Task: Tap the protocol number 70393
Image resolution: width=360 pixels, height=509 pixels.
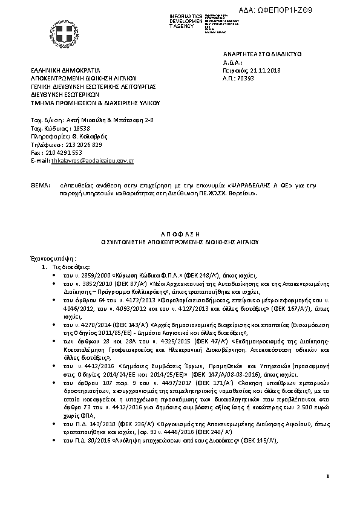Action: (246, 78)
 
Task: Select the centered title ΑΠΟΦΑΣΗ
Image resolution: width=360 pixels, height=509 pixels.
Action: (179, 233)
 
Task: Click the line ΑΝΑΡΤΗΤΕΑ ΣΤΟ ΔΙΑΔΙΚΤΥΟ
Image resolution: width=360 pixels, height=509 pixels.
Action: (262, 54)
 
